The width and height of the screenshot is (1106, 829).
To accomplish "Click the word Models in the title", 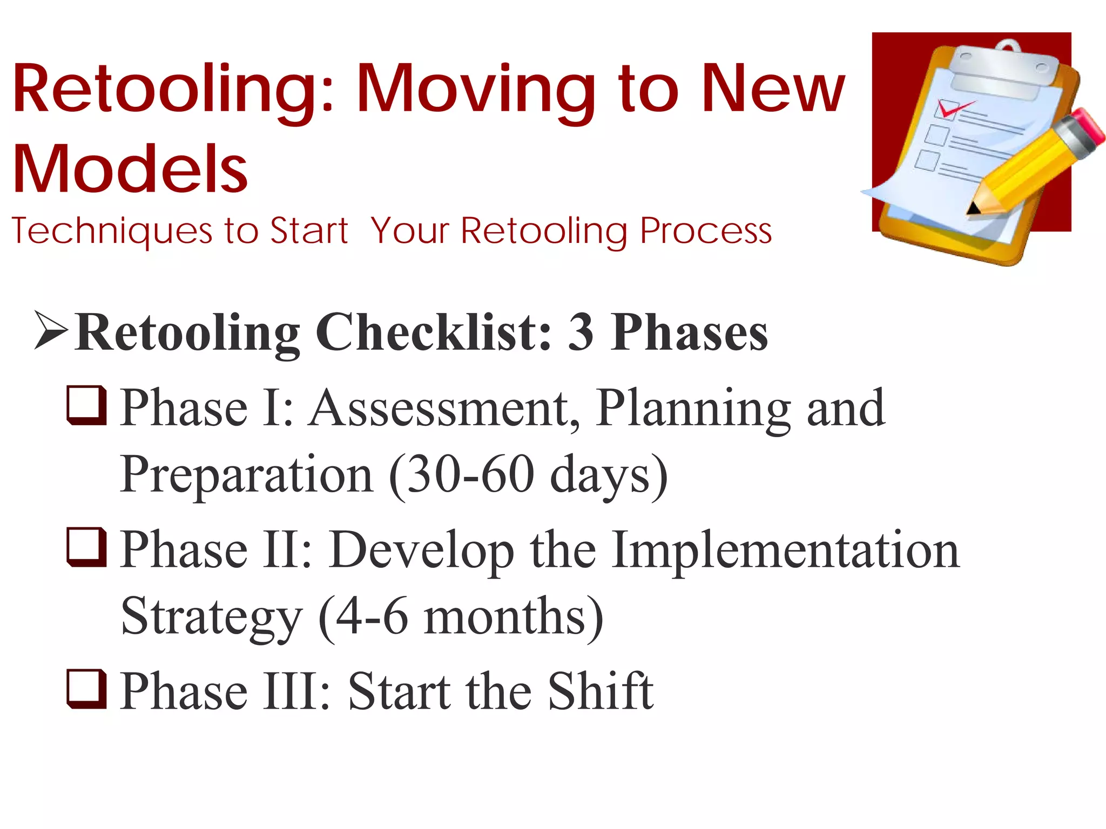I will (130, 169).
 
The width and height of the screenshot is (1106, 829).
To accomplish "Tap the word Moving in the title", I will (475, 89).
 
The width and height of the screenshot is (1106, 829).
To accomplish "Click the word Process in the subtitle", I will (705, 231).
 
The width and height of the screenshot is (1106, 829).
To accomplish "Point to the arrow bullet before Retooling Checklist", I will (51, 330).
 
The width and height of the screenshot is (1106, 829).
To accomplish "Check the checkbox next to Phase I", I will (86, 405).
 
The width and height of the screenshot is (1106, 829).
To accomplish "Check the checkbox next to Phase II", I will (86, 547).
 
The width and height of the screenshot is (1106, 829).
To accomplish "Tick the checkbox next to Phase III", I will (86, 688).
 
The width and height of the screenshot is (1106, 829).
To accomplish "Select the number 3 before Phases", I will (581, 332).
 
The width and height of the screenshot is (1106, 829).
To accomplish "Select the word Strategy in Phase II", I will (211, 617).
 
